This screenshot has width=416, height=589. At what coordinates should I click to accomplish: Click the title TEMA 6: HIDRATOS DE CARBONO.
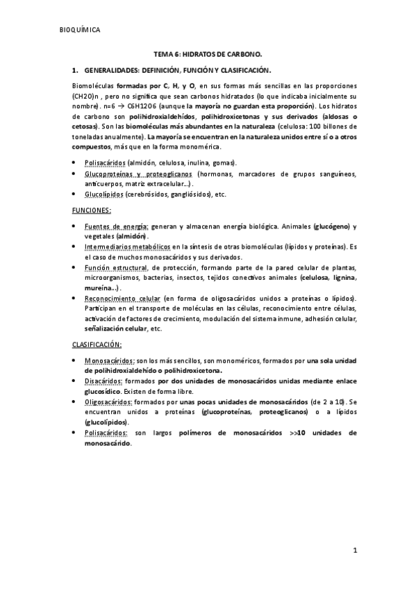click(x=208, y=53)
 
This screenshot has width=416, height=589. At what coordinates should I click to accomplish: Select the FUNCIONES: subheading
click(x=92, y=210)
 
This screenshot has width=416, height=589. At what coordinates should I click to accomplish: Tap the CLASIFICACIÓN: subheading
click(x=97, y=345)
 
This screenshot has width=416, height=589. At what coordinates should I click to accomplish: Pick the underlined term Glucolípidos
click(x=104, y=194)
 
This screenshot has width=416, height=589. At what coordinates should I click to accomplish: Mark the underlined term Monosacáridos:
click(x=110, y=362)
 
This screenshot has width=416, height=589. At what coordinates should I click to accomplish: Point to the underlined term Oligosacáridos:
click(x=108, y=402)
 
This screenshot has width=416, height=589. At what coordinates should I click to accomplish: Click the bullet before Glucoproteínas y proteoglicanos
click(x=75, y=174)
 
